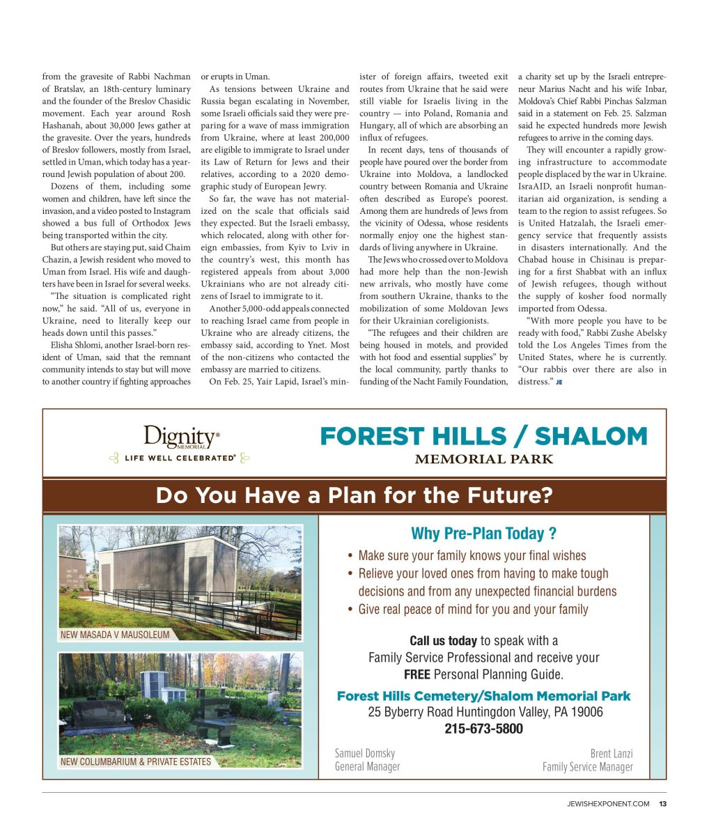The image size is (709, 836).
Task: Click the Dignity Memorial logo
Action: [x=182, y=438]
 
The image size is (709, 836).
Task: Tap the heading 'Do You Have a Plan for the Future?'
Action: [x=354, y=495]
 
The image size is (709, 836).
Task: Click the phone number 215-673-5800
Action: [x=483, y=729]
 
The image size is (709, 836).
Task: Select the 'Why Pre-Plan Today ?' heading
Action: [x=483, y=534]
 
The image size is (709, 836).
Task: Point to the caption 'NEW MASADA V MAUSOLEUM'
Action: [x=115, y=635]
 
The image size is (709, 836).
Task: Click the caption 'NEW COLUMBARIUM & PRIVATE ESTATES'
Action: [x=136, y=761]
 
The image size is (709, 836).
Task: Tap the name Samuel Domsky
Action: [x=365, y=753]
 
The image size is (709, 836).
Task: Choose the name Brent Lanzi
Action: [x=611, y=753]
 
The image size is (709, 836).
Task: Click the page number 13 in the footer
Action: [x=663, y=804]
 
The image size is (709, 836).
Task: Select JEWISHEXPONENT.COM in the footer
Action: [x=607, y=804]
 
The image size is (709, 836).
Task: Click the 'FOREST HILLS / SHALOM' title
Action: [x=483, y=437]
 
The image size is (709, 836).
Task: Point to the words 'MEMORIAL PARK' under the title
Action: [x=484, y=459]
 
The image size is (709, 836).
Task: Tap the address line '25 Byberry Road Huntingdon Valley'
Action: [x=485, y=712]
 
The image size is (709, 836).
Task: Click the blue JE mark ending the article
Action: [x=559, y=382]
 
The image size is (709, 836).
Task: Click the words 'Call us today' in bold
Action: [x=443, y=641]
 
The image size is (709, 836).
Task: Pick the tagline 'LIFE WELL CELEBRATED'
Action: [x=180, y=458]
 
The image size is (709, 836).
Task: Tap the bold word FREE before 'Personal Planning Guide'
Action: [x=416, y=674]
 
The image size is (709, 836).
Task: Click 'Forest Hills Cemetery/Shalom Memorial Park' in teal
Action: [x=483, y=696]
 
